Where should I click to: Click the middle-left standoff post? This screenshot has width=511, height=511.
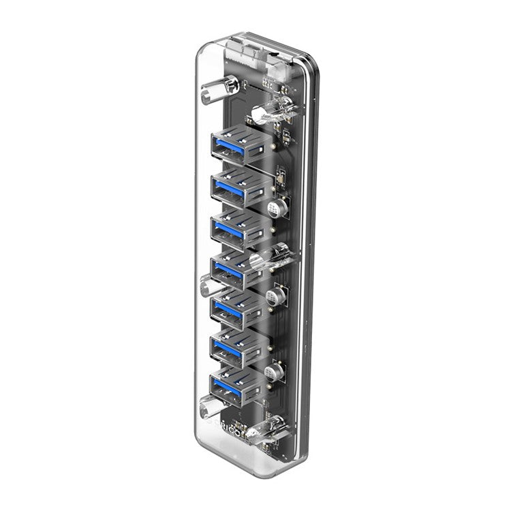(x=207, y=283)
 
